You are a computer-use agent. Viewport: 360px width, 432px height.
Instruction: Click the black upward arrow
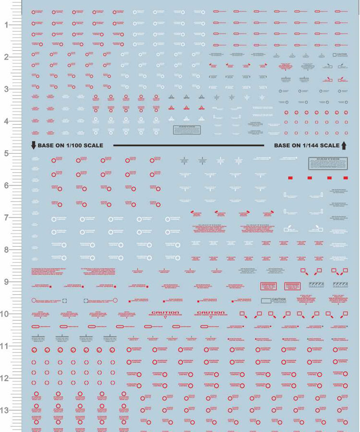coord(344,145)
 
